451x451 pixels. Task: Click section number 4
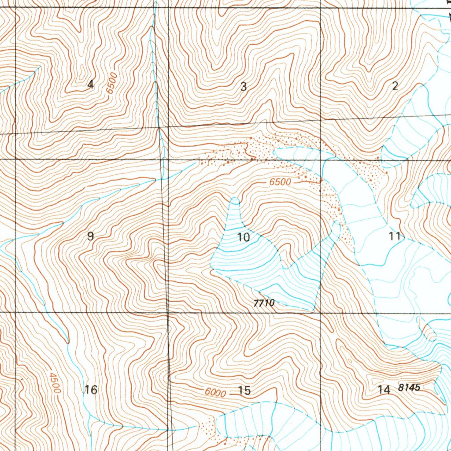[x=91, y=85]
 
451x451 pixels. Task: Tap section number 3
[x=244, y=87]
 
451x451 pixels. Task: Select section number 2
[x=395, y=86]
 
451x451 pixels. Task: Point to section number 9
[x=90, y=236]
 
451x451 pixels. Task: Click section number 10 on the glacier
[x=244, y=238]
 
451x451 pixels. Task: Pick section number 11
[x=395, y=236]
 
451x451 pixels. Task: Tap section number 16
[x=91, y=390]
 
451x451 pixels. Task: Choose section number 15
[x=244, y=390]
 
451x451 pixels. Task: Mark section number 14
[x=384, y=389]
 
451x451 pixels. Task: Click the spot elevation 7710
[x=264, y=303]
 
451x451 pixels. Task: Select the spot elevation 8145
[x=409, y=388]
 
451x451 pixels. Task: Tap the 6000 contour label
[x=215, y=392]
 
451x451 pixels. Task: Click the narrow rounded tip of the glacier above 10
[x=235, y=201]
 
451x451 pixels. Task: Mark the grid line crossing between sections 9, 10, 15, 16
[x=168, y=312]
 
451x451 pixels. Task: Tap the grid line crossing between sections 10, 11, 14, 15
[x=320, y=312]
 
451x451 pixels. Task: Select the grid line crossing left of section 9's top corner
[x=15, y=159]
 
